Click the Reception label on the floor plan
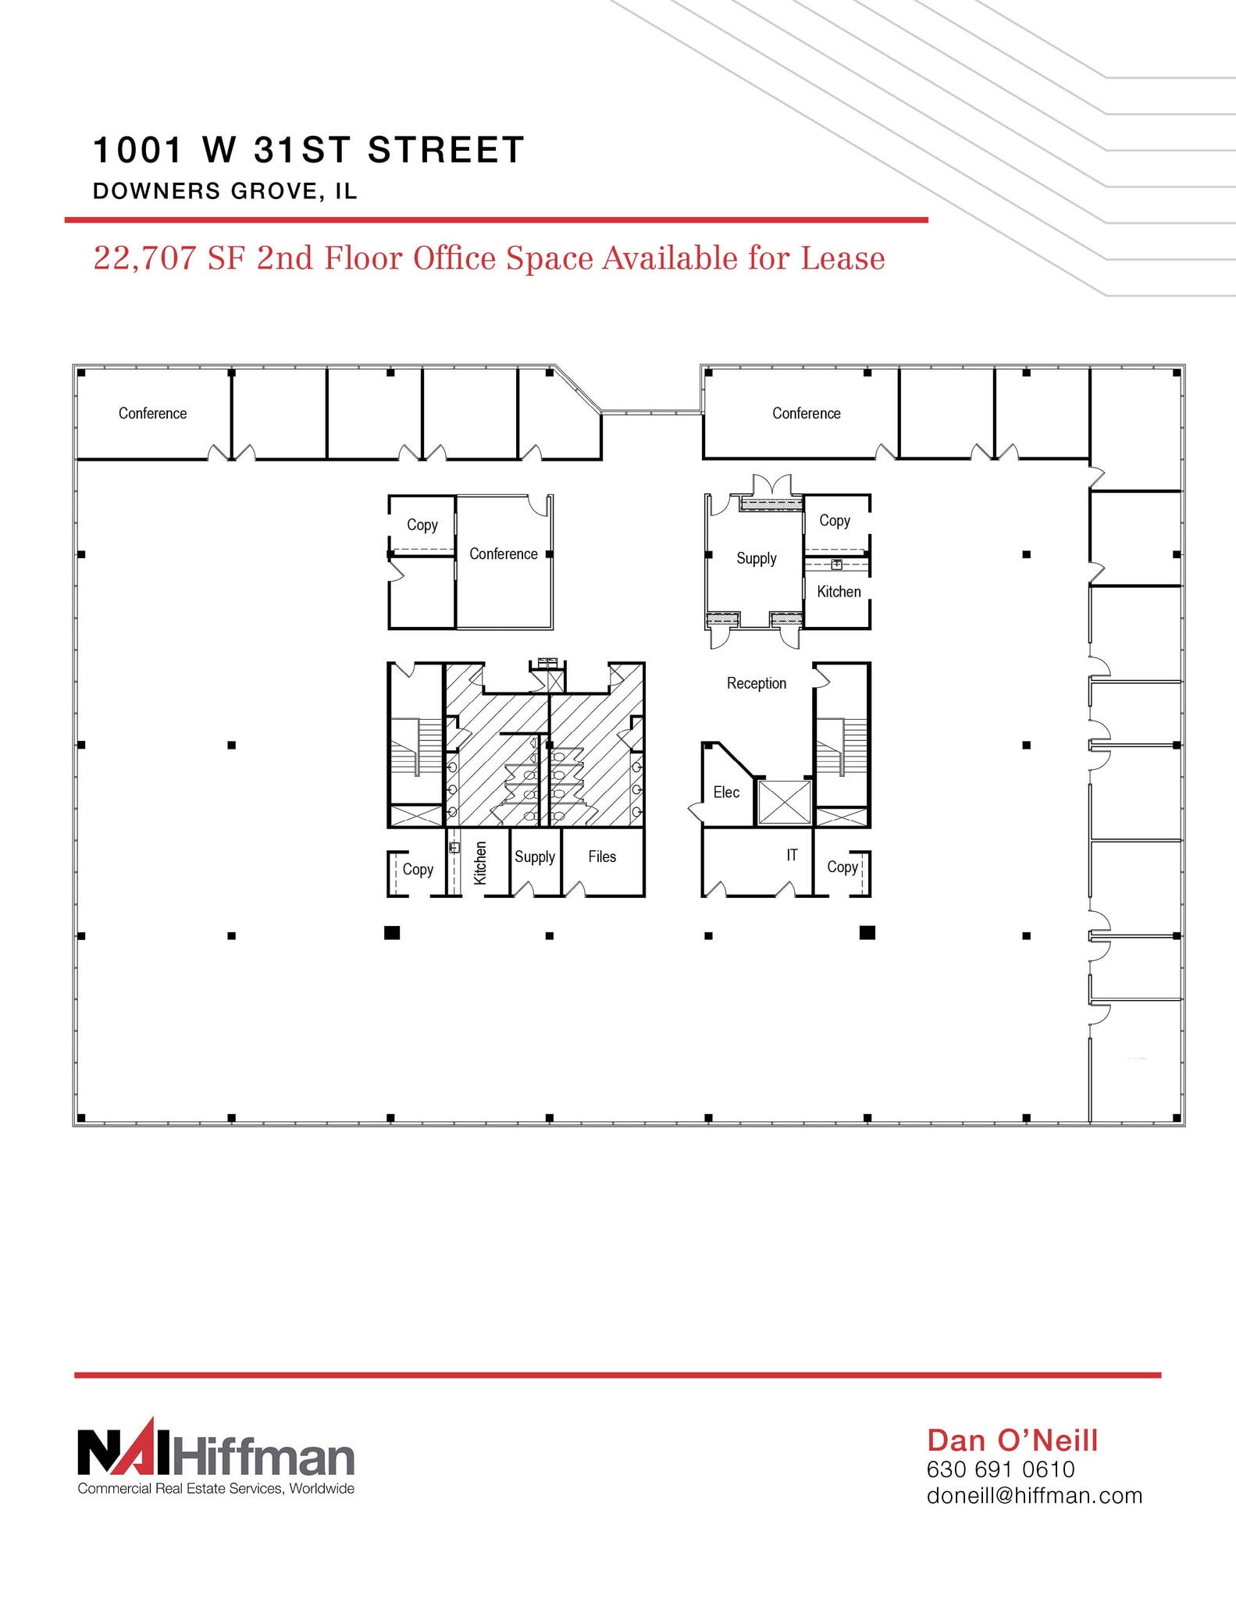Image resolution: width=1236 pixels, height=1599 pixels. [x=756, y=683]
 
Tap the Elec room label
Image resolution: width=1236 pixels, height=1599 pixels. [x=725, y=792]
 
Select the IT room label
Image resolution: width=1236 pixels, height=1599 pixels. [x=792, y=855]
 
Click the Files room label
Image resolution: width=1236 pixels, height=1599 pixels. [x=602, y=856]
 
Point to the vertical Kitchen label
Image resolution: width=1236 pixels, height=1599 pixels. [x=480, y=863]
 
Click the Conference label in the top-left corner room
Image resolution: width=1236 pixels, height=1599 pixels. [x=152, y=413]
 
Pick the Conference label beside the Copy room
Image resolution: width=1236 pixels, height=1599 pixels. [x=503, y=554]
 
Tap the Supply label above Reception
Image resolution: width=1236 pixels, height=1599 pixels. [x=756, y=558]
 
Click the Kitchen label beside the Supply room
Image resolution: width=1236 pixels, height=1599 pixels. [x=839, y=592]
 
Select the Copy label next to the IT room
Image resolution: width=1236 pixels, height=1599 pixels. [x=842, y=867]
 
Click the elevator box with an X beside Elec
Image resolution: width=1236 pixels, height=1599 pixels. [x=785, y=802]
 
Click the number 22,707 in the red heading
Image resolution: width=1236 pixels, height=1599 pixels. [x=144, y=258]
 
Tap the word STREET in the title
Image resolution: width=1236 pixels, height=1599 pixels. [x=445, y=150]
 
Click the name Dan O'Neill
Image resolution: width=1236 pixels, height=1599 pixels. [x=1013, y=1441]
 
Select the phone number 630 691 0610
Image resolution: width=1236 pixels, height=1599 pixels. [x=1000, y=1469]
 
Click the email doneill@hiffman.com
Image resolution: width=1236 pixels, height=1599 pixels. [x=1034, y=1496]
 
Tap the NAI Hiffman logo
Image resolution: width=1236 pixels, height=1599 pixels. [x=216, y=1454]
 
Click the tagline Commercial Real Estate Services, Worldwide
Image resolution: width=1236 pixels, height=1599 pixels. [x=216, y=1489]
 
